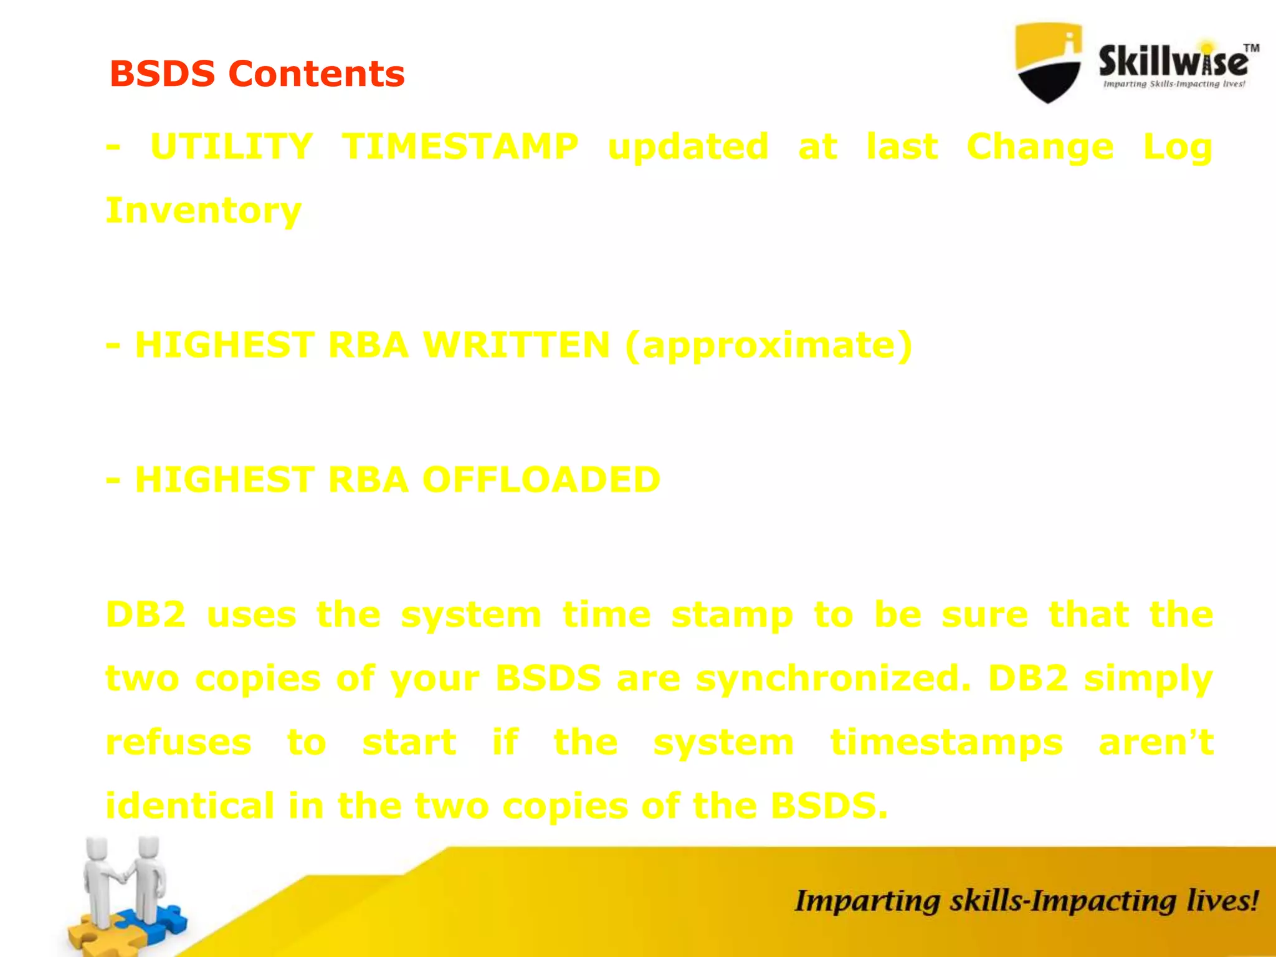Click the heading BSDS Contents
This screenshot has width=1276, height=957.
257,74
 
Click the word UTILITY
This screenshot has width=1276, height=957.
231,147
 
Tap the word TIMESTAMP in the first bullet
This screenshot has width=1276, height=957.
460,147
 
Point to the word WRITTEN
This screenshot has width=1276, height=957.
516,345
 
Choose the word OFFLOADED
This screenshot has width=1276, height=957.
541,480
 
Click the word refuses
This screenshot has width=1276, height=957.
179,743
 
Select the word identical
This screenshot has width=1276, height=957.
189,806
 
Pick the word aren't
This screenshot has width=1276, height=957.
1156,743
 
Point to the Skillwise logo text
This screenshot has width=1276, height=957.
1173,62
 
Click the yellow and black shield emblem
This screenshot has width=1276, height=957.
1048,62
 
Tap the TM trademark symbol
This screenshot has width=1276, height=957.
1251,48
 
